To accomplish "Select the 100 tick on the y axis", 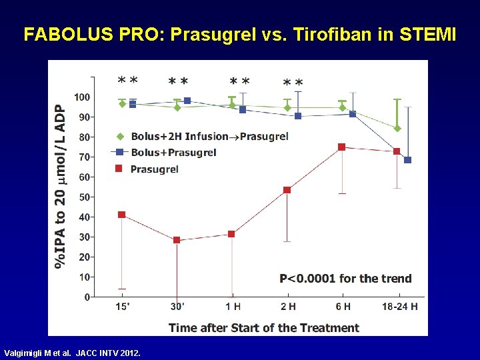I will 81,97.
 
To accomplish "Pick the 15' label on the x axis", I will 123,307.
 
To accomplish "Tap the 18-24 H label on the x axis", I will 399,307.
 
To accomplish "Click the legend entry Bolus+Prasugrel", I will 173,153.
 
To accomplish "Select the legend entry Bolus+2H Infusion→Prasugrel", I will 209,137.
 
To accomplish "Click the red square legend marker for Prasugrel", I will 119,169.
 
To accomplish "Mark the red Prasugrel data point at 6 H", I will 342,147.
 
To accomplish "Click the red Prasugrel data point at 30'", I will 177,240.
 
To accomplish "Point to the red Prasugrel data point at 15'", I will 121,215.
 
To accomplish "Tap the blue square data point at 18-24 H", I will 407,160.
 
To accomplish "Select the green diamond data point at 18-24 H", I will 397,129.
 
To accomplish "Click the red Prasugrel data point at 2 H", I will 287,190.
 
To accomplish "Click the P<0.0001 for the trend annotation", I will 345,279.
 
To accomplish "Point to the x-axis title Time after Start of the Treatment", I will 263,327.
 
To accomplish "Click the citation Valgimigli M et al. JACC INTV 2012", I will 72,353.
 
